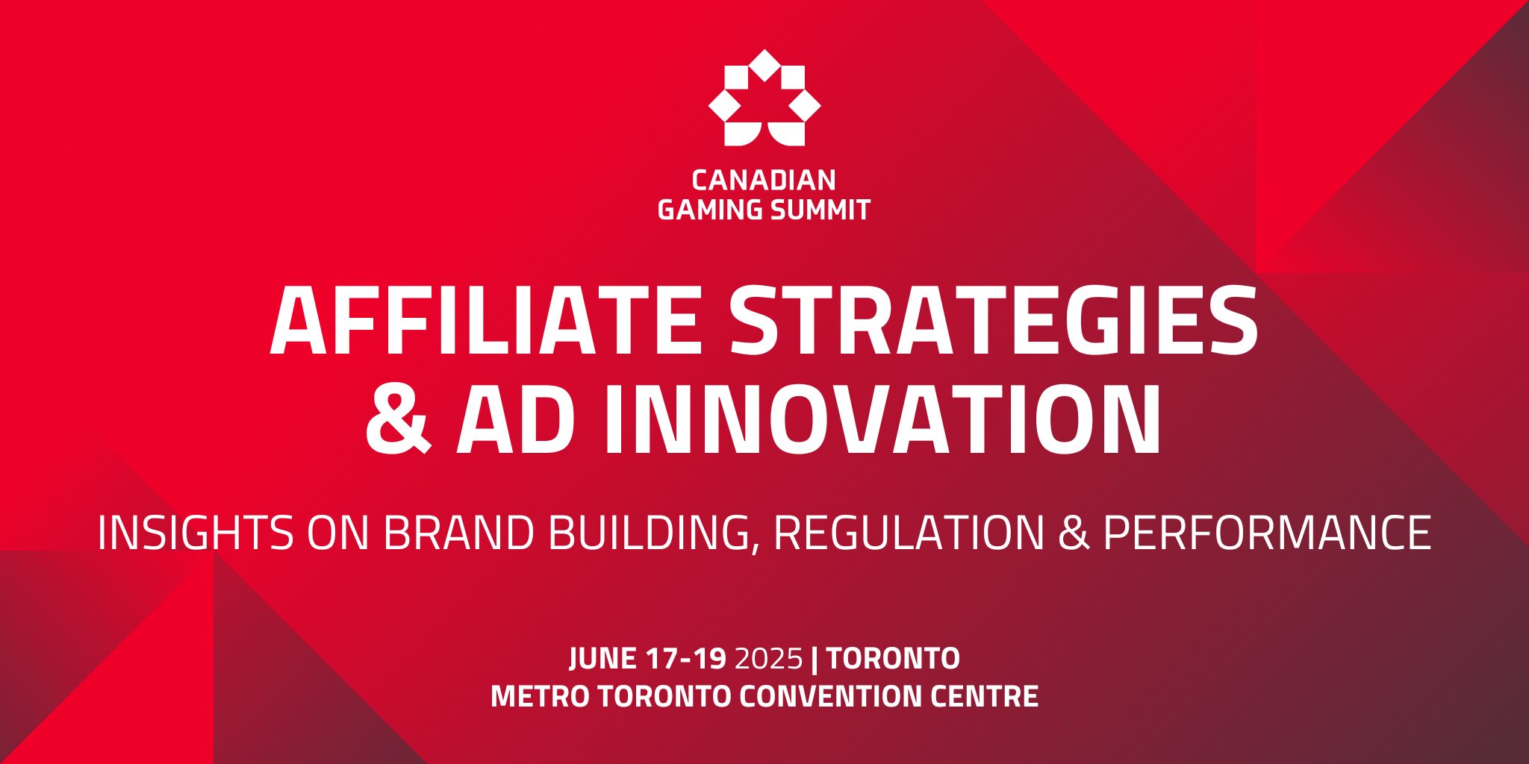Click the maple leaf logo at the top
(x=764, y=98)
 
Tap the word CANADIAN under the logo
(x=764, y=181)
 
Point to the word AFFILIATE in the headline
(x=486, y=321)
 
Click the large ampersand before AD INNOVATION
(x=398, y=419)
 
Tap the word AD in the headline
(x=516, y=419)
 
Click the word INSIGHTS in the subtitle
(x=196, y=533)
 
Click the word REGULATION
(x=909, y=533)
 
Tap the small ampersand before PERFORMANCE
(x=1074, y=533)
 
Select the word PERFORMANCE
(x=1267, y=533)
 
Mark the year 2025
(x=769, y=658)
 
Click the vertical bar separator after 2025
(x=815, y=659)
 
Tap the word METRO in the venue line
(x=540, y=696)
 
